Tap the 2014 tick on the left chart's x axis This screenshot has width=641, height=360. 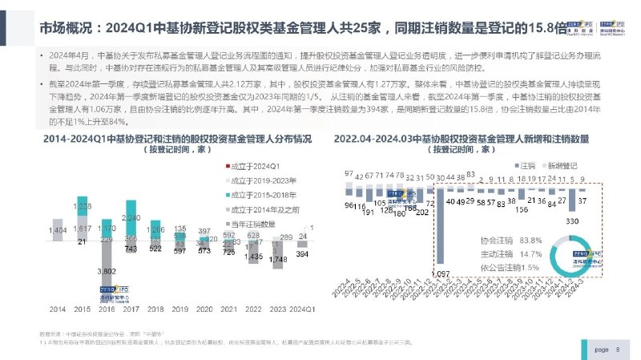pos(58,308)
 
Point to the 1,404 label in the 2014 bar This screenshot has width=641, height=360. pos(58,231)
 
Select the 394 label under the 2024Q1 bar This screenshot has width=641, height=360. pos(303,254)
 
